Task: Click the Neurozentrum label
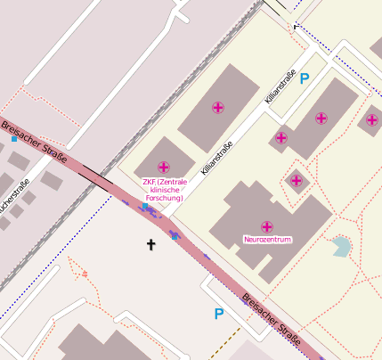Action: (x=267, y=240)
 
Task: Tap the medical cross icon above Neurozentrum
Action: (x=267, y=226)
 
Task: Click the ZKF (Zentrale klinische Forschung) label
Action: (x=165, y=190)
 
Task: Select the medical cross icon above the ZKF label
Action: (x=164, y=167)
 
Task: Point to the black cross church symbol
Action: (x=151, y=243)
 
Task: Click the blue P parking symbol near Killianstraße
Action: (x=305, y=78)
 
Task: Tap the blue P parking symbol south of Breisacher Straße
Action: (x=219, y=314)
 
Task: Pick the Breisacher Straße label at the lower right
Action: (x=272, y=319)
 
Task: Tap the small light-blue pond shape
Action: (x=341, y=247)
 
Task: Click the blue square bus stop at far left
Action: (x=14, y=139)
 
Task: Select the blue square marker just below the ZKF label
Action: (x=145, y=206)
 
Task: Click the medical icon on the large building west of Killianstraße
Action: (x=217, y=108)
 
